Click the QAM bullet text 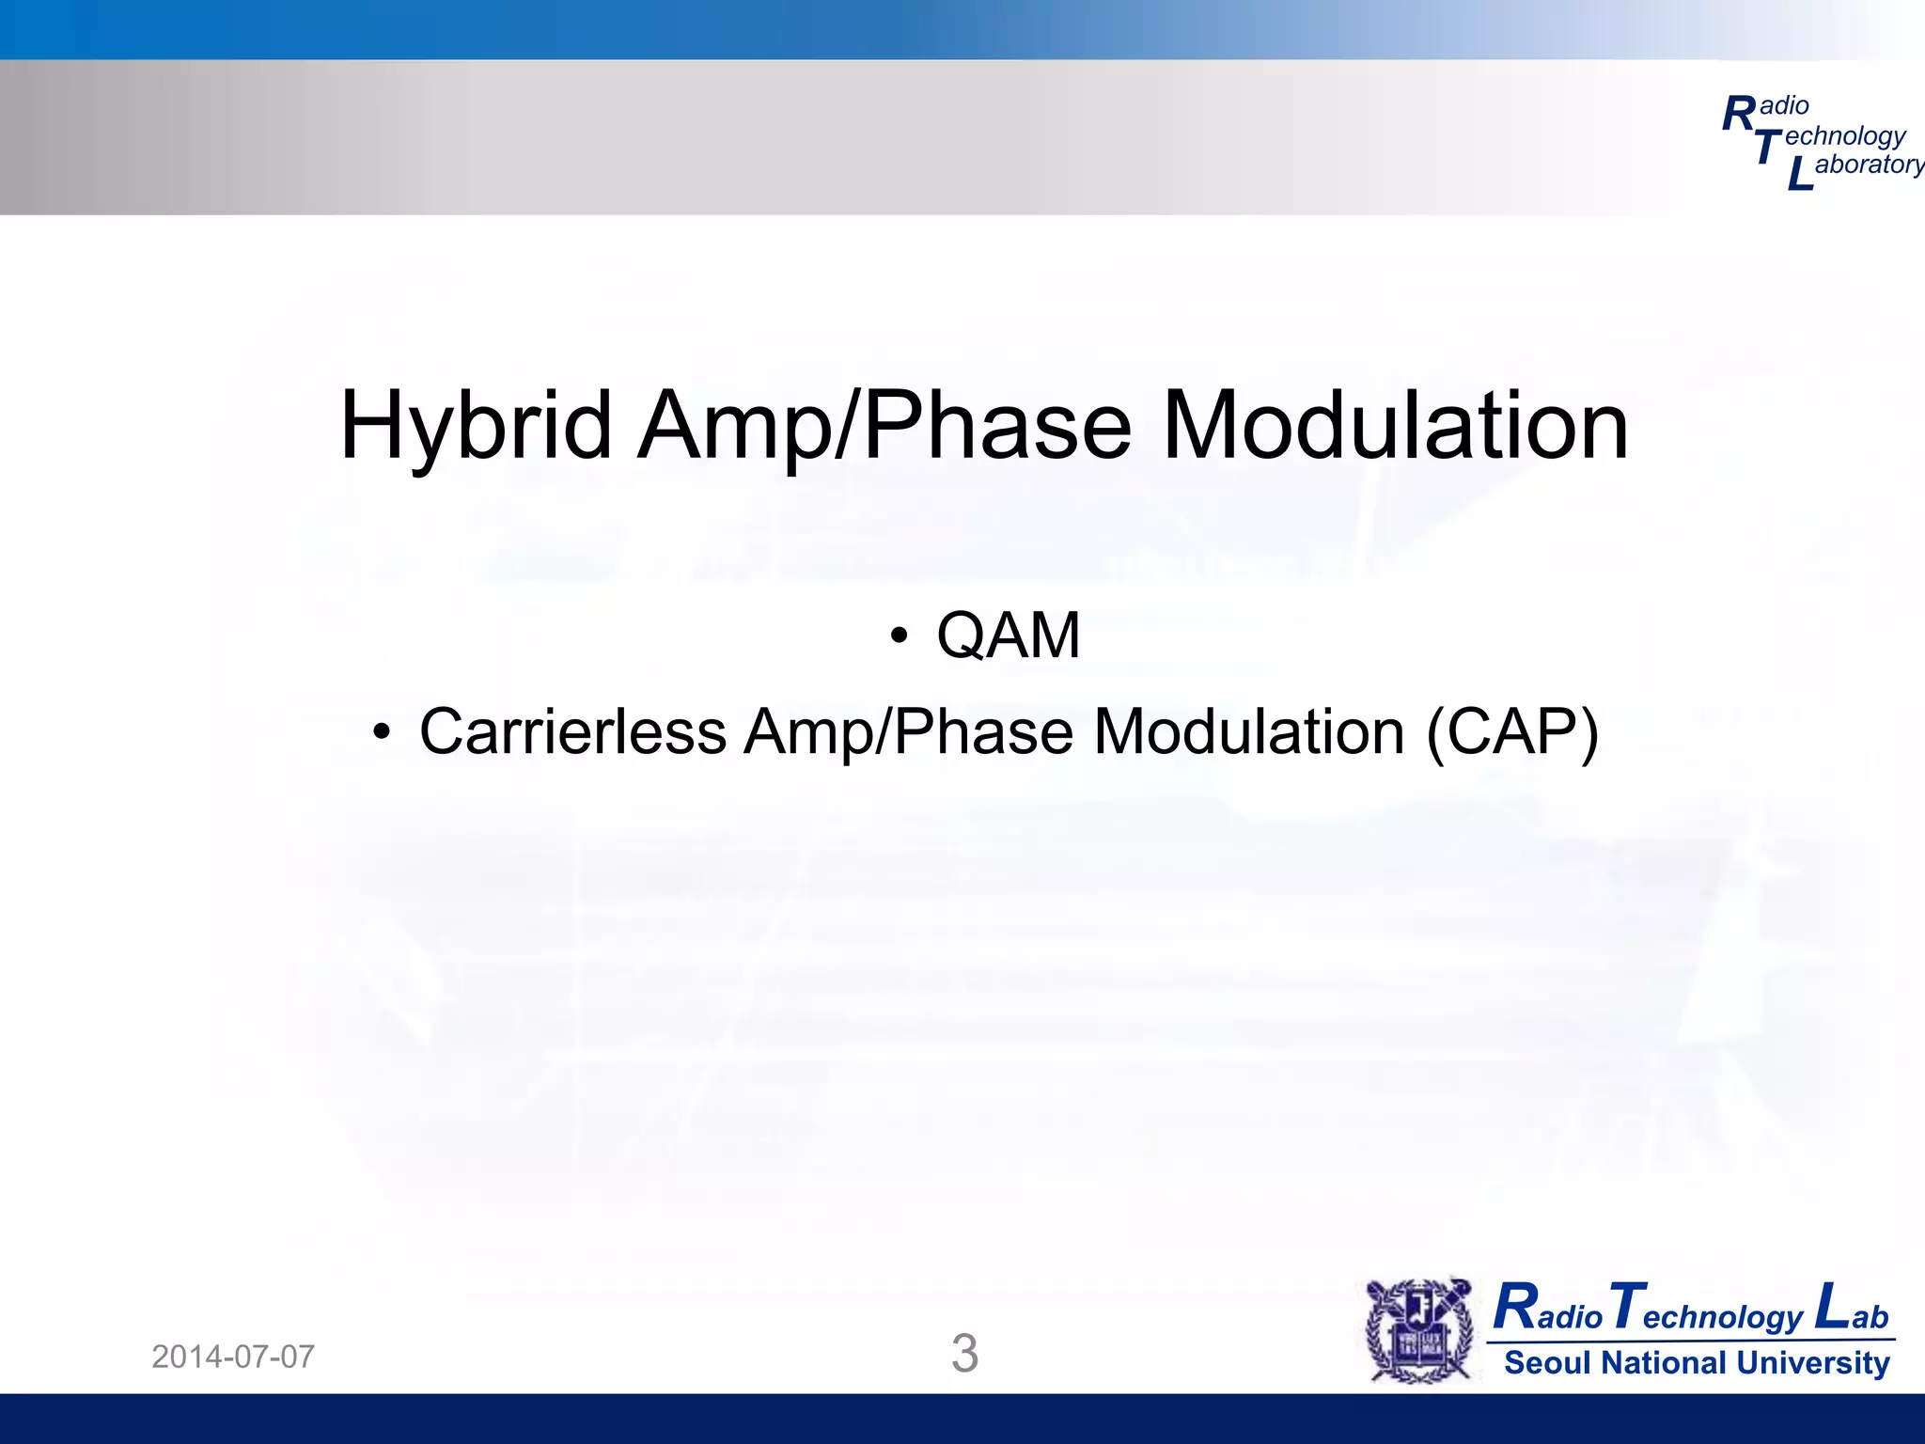click(x=1008, y=636)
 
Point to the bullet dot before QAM click(x=900, y=636)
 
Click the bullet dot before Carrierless click(x=381, y=732)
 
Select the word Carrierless click(x=572, y=732)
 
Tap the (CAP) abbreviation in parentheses click(x=1511, y=732)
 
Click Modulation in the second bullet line click(x=1249, y=732)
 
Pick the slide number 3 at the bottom click(x=964, y=1354)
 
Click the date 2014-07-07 click(x=233, y=1357)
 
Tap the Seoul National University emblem click(x=1419, y=1330)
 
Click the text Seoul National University click(x=1697, y=1363)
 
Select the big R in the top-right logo click(x=1739, y=115)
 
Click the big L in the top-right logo click(x=1799, y=175)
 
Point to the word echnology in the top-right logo click(x=1844, y=136)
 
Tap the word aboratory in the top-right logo click(x=1869, y=165)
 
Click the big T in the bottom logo click(x=1627, y=1307)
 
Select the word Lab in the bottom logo click(x=1852, y=1309)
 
